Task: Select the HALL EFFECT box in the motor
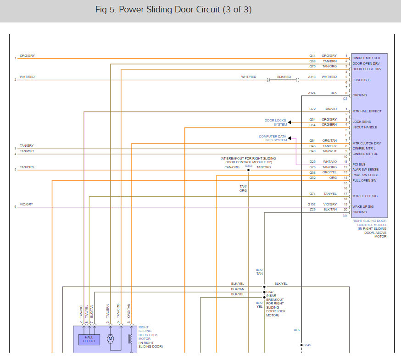click(89, 339)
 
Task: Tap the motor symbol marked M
click(110, 339)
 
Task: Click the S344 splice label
click(248, 166)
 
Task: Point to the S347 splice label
click(270, 292)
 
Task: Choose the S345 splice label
click(307, 345)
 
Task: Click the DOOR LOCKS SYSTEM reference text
click(275, 122)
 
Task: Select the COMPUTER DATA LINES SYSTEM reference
click(273, 138)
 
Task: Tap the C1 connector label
click(345, 99)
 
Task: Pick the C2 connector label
click(345, 215)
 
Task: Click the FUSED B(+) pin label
click(361, 80)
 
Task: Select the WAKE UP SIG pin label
click(362, 207)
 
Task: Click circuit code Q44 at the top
click(312, 56)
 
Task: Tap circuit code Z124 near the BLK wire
click(312, 93)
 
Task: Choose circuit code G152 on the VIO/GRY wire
click(312, 204)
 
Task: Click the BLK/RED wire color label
click(284, 77)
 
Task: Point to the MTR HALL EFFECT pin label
click(367, 111)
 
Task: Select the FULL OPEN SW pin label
click(364, 180)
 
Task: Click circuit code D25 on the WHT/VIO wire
click(312, 161)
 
